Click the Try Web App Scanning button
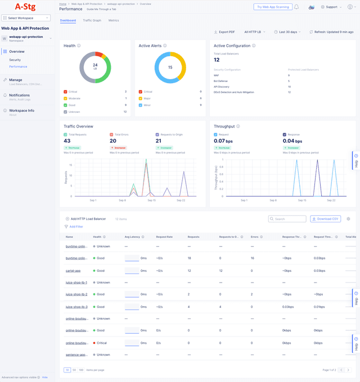click(272, 7)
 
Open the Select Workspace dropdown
click(28, 18)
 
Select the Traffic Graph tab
click(92, 20)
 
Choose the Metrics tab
click(114, 20)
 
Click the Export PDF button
click(225, 32)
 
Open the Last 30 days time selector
click(287, 32)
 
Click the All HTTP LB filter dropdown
click(255, 32)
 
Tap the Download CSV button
click(325, 219)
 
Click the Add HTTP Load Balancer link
click(88, 219)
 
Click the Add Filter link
click(76, 226)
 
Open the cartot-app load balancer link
click(73, 270)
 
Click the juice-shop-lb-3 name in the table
click(76, 307)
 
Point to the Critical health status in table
click(102, 343)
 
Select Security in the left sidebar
click(15, 60)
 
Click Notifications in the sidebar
click(19, 95)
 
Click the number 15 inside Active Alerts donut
click(170, 67)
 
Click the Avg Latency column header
click(132, 237)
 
